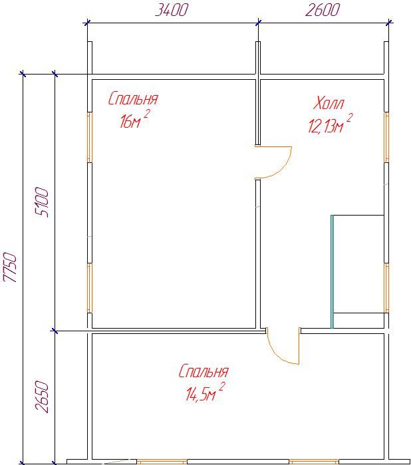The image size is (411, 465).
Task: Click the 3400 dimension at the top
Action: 172,10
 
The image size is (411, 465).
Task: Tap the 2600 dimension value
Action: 323,10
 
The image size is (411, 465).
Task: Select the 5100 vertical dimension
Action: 41,202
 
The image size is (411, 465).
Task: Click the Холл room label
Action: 329,103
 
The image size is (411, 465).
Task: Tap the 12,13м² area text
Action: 330,124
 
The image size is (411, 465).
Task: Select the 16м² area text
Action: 134,118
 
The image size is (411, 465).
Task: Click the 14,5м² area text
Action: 205,392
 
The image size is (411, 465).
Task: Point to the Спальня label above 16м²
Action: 133,98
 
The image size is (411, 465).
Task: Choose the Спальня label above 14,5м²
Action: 204,371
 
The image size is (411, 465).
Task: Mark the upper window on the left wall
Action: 90,137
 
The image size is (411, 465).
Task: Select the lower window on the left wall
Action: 90,288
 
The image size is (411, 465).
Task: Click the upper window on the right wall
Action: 386,137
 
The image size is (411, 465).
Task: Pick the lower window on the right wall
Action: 386,287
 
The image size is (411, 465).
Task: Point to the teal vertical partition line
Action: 332,271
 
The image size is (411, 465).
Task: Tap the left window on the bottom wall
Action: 162,462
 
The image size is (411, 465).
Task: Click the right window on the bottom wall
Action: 314,462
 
